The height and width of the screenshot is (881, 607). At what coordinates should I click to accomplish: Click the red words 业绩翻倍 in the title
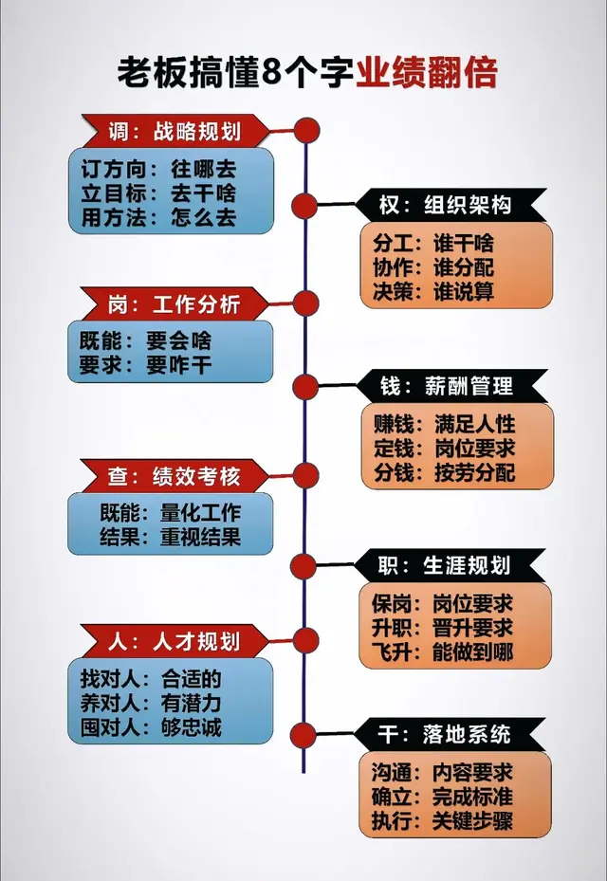tap(427, 72)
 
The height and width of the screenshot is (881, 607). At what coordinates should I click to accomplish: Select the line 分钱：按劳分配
tap(444, 471)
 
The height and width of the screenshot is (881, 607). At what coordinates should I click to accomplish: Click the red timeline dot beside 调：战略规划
tap(305, 130)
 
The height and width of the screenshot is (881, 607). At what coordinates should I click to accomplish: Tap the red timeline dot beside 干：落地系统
tap(304, 734)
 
